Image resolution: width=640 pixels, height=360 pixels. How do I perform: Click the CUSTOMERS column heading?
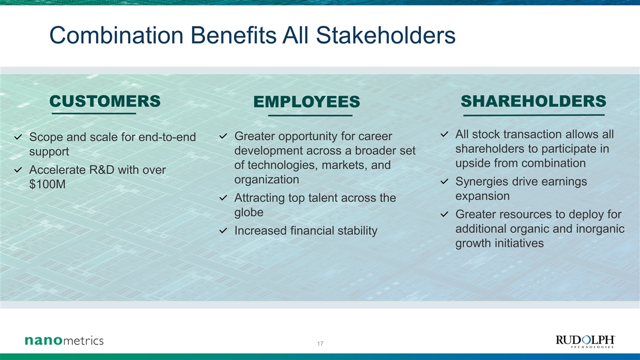pyautogui.click(x=105, y=101)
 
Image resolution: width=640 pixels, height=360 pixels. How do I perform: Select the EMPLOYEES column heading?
pyautogui.click(x=306, y=101)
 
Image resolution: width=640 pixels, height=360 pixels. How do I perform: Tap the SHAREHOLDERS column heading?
pyautogui.click(x=533, y=101)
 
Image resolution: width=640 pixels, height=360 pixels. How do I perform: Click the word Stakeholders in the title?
pyautogui.click(x=385, y=35)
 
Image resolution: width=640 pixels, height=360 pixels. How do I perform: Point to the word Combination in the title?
pyautogui.click(x=116, y=35)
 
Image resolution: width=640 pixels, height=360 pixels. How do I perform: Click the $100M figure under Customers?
pyautogui.click(x=47, y=184)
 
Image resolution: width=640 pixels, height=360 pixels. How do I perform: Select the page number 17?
pyautogui.click(x=320, y=343)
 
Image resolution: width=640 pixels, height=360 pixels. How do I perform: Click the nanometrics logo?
pyautogui.click(x=64, y=340)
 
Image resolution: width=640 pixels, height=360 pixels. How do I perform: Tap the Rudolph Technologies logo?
pyautogui.click(x=585, y=341)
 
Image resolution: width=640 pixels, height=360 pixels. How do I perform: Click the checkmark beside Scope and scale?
pyautogui.click(x=18, y=137)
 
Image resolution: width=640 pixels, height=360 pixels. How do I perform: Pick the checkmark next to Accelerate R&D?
pyautogui.click(x=18, y=170)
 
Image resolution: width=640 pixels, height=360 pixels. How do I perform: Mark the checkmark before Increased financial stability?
pyautogui.click(x=223, y=230)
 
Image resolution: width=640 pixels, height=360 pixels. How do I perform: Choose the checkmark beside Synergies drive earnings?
pyautogui.click(x=444, y=181)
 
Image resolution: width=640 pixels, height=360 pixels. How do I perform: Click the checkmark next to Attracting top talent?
pyautogui.click(x=223, y=197)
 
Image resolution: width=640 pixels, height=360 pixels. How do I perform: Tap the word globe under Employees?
pyautogui.click(x=248, y=212)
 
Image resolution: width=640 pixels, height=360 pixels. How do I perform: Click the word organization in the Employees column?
pyautogui.click(x=266, y=179)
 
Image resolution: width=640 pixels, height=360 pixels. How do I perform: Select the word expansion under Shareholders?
pyautogui.click(x=482, y=196)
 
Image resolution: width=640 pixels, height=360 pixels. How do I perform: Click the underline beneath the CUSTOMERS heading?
pyautogui.click(x=93, y=113)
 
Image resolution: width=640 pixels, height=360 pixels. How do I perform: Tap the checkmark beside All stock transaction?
pyautogui.click(x=444, y=134)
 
